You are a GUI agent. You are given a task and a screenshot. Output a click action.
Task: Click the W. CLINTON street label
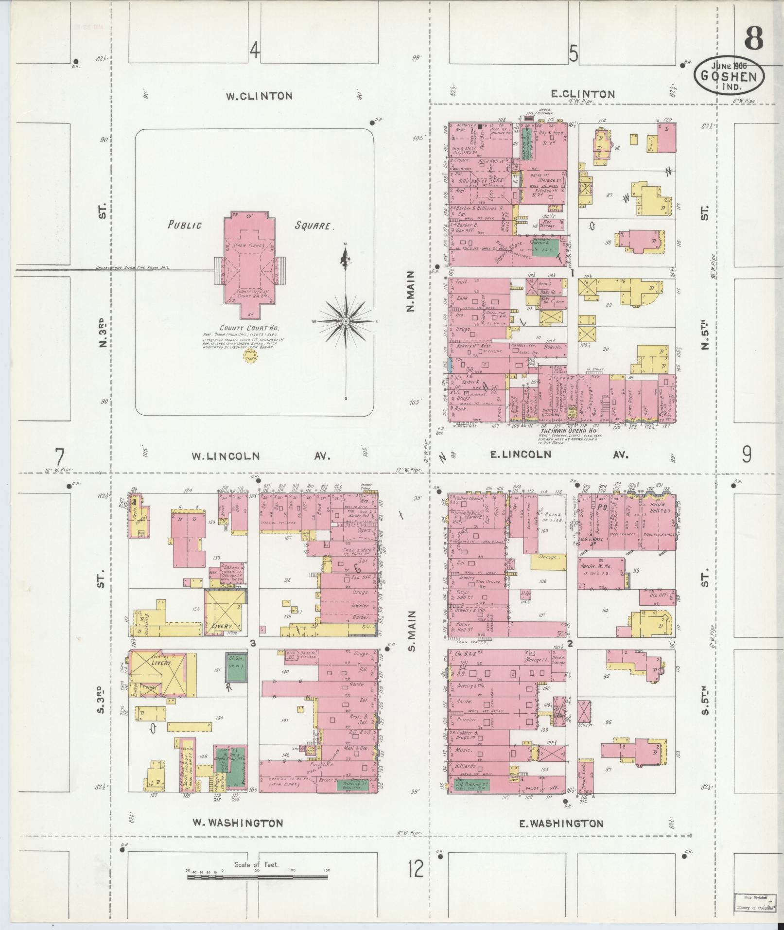pyautogui.click(x=259, y=96)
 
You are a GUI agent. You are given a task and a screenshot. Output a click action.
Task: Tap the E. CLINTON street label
pyautogui.click(x=583, y=94)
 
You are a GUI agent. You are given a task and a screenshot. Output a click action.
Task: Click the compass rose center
pyautogui.click(x=345, y=321)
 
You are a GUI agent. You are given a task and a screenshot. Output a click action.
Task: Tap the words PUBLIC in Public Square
pyautogui.click(x=184, y=225)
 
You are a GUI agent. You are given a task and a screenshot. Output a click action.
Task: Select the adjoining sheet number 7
pyautogui.click(x=59, y=457)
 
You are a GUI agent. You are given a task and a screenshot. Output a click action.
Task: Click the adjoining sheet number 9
pyautogui.click(x=746, y=455)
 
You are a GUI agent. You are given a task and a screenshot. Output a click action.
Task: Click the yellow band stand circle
pyautogui.click(x=251, y=357)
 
